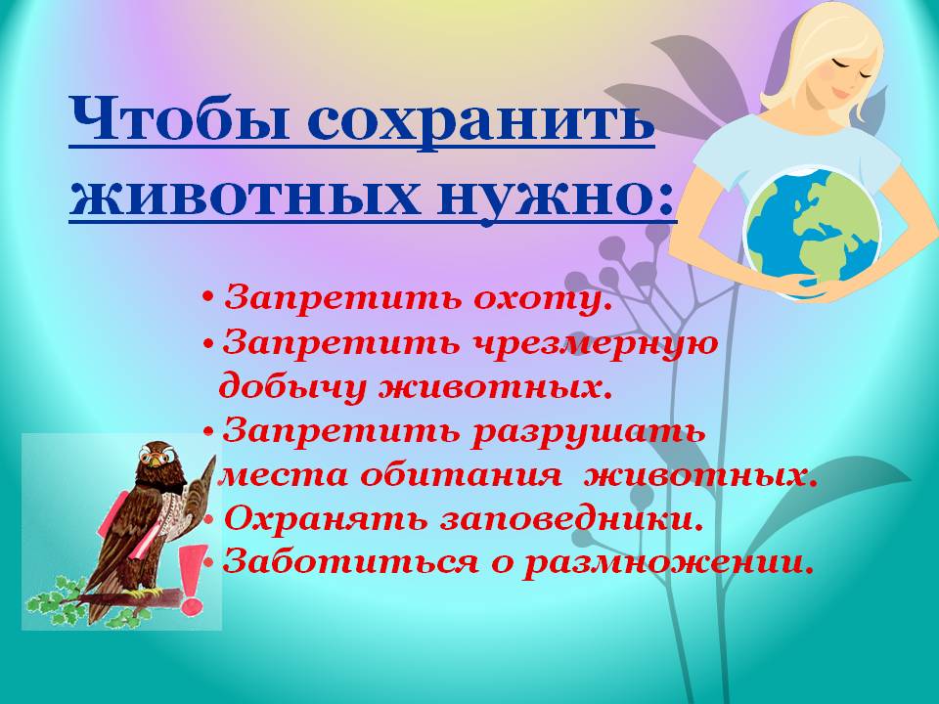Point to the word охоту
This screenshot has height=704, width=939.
pyautogui.click(x=543, y=298)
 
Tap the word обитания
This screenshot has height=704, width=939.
pyautogui.click(x=462, y=475)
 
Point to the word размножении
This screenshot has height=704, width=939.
pyautogui.click(x=669, y=563)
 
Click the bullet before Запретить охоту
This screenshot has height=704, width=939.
pyautogui.click(x=208, y=296)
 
